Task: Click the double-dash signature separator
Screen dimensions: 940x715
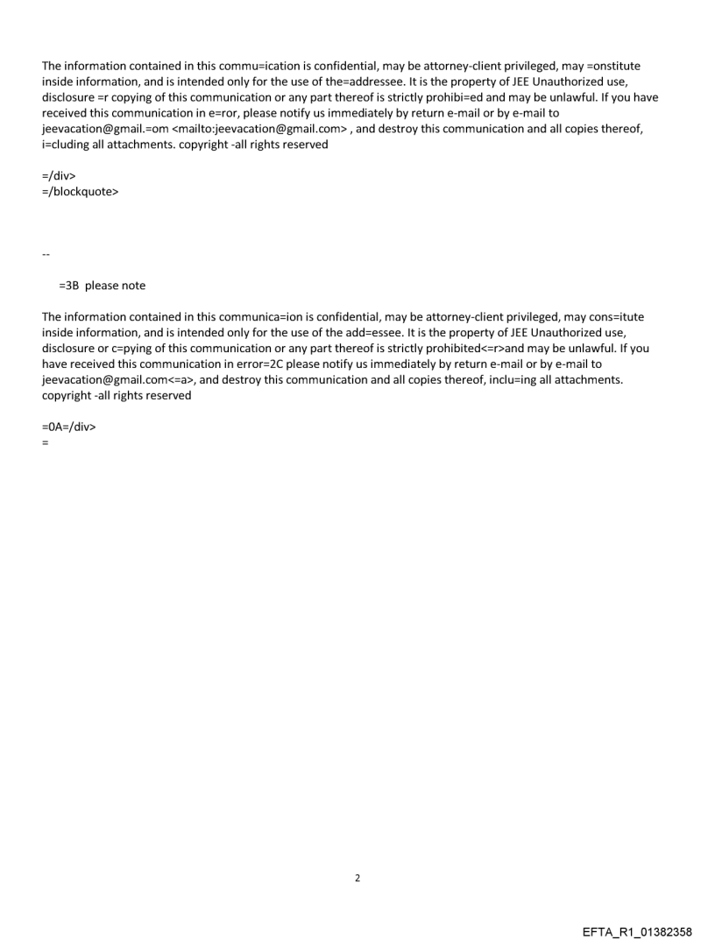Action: tap(46, 254)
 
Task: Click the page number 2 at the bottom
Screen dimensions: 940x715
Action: tap(357, 878)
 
